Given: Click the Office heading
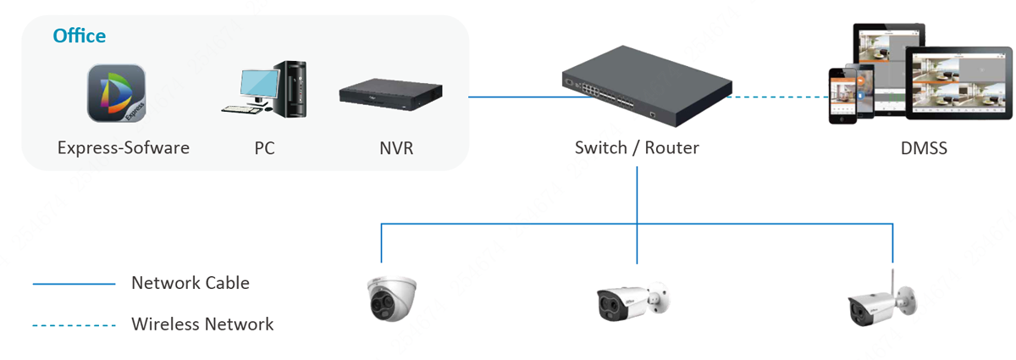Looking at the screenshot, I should click(79, 36).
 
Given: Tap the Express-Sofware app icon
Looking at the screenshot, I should click(116, 94).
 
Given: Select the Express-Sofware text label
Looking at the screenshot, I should click(124, 148).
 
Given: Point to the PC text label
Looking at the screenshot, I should click(264, 148).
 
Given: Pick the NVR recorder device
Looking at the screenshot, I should click(391, 94).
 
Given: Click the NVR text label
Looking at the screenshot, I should click(396, 148).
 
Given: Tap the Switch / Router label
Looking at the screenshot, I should click(637, 148).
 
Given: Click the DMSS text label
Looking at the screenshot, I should click(924, 149).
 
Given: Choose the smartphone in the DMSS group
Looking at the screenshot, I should click(843, 94).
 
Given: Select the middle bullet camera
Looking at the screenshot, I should click(632, 300).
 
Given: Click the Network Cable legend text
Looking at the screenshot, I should click(190, 283).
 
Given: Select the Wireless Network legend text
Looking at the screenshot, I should click(202, 324).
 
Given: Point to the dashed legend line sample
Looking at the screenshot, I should click(74, 325).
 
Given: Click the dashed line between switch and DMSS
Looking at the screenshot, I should click(779, 97).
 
